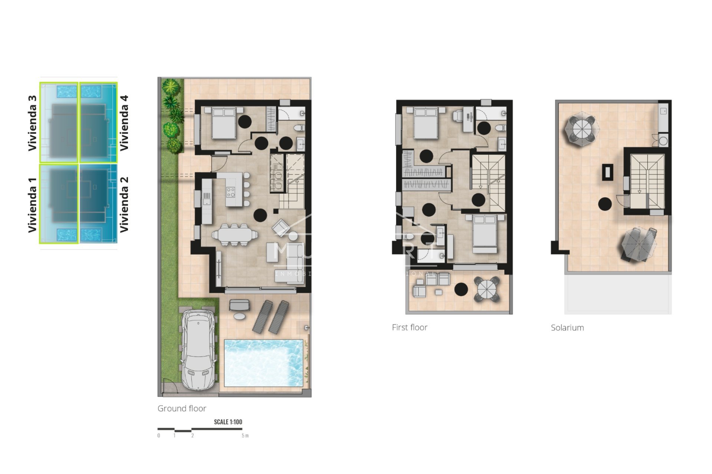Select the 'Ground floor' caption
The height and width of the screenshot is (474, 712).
182,408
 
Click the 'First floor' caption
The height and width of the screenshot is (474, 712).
409,327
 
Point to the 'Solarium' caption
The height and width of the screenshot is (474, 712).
567,328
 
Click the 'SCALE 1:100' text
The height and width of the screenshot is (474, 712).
228,422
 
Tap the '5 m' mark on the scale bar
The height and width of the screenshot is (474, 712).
245,435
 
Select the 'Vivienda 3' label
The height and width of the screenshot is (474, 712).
33,123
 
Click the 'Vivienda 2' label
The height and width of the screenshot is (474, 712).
124,204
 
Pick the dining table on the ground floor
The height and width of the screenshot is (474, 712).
235,234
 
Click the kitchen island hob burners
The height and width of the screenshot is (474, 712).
231,192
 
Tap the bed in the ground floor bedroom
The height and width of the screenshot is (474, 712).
224,123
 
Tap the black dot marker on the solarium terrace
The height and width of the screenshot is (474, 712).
605,204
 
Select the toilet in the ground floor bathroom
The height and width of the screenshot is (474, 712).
299,128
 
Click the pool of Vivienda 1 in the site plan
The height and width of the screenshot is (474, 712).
67,234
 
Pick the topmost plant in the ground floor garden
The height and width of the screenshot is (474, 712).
171,87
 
